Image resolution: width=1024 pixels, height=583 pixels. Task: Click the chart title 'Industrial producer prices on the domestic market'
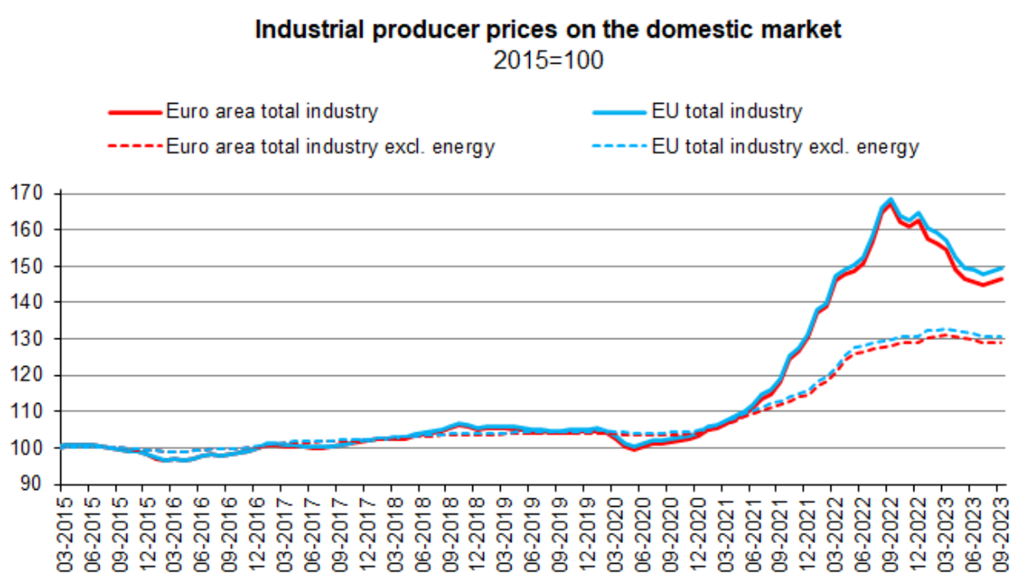tap(549, 30)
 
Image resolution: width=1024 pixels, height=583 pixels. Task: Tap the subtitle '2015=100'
tap(549, 61)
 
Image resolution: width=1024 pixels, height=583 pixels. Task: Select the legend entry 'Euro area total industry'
tap(271, 111)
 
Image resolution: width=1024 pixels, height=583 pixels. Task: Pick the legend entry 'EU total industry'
tap(726, 111)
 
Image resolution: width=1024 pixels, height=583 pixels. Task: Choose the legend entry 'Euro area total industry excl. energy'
tap(330, 147)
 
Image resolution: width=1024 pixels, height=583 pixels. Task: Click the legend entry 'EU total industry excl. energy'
tap(785, 147)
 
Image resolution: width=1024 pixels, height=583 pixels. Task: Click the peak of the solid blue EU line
tap(890, 200)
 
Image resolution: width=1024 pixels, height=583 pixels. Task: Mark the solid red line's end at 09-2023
tap(1001, 279)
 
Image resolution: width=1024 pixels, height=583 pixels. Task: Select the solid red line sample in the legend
tap(134, 112)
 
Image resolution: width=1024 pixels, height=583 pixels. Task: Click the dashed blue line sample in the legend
tap(619, 147)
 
